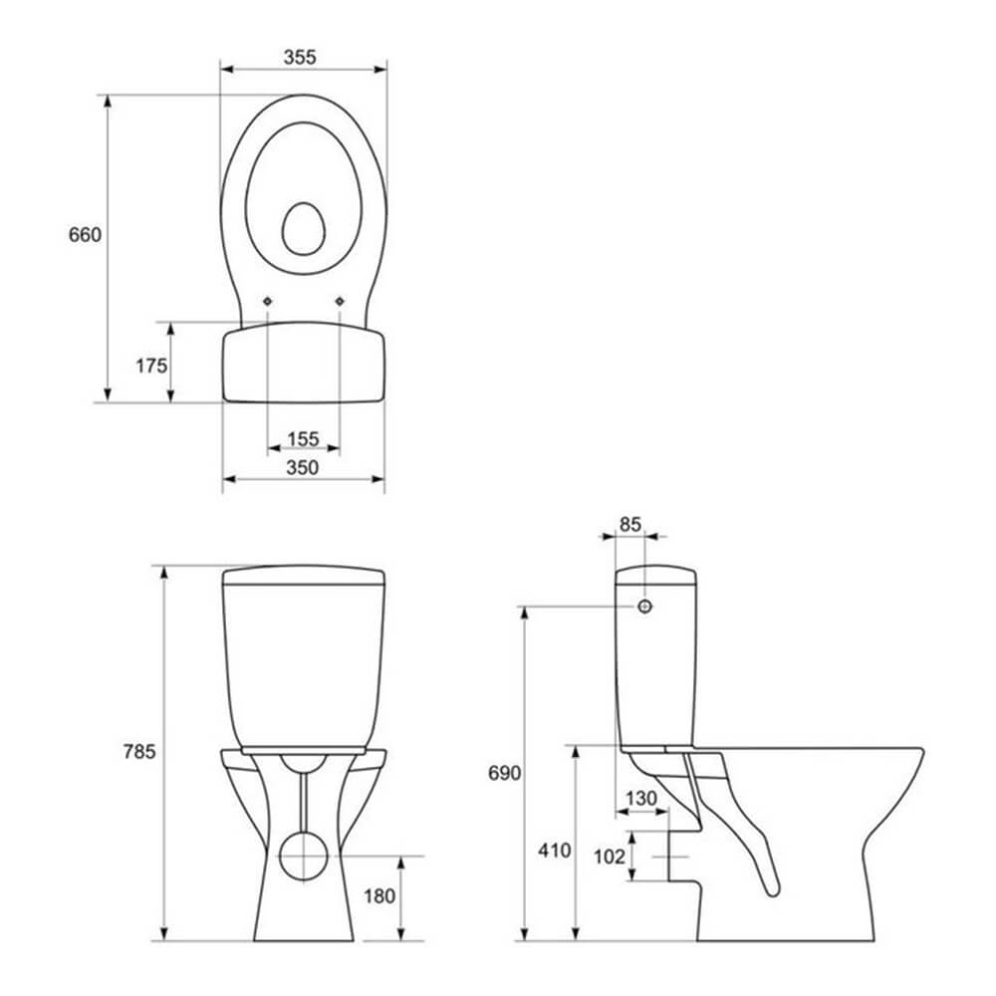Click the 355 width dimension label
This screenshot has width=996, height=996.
click(300, 57)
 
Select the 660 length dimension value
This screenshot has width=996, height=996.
click(85, 235)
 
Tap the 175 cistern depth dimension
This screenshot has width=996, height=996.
click(151, 366)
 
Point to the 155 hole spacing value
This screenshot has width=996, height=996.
click(303, 439)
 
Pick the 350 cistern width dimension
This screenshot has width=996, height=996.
click(303, 467)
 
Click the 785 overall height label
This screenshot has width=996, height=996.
click(139, 751)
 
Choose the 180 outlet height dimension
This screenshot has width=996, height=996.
click(379, 896)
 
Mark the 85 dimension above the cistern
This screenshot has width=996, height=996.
click(630, 524)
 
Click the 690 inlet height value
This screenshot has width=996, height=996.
click(504, 773)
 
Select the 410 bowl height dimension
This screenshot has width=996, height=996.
click(555, 850)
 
